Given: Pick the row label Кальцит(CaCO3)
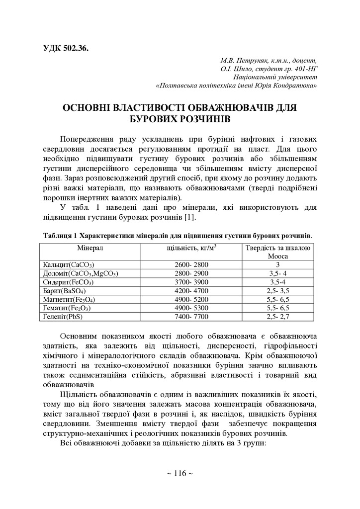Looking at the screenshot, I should coord(69,265).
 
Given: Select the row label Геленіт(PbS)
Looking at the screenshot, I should coord(63,316).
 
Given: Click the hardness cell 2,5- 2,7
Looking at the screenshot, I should coord(278,316).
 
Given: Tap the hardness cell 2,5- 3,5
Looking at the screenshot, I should coord(278,290).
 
